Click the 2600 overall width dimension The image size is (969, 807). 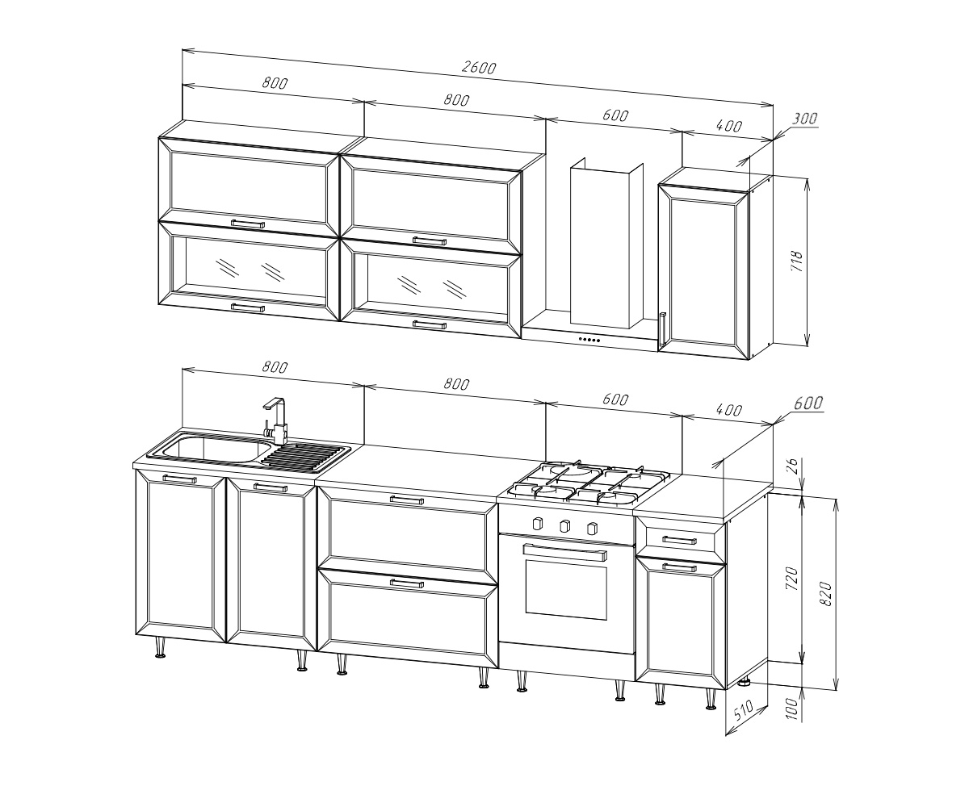[479, 68]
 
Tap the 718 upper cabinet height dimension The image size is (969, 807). [796, 261]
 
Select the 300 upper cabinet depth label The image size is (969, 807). [804, 119]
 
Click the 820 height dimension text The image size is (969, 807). [826, 593]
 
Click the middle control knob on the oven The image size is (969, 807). [564, 526]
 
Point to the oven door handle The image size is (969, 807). [564, 552]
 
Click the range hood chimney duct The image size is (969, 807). [606, 244]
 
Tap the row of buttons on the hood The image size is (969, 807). [589, 340]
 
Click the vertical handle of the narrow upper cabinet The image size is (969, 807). [662, 328]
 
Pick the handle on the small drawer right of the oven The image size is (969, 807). [679, 540]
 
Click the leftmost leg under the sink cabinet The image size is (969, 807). [161, 648]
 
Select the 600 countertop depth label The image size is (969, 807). [808, 403]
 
